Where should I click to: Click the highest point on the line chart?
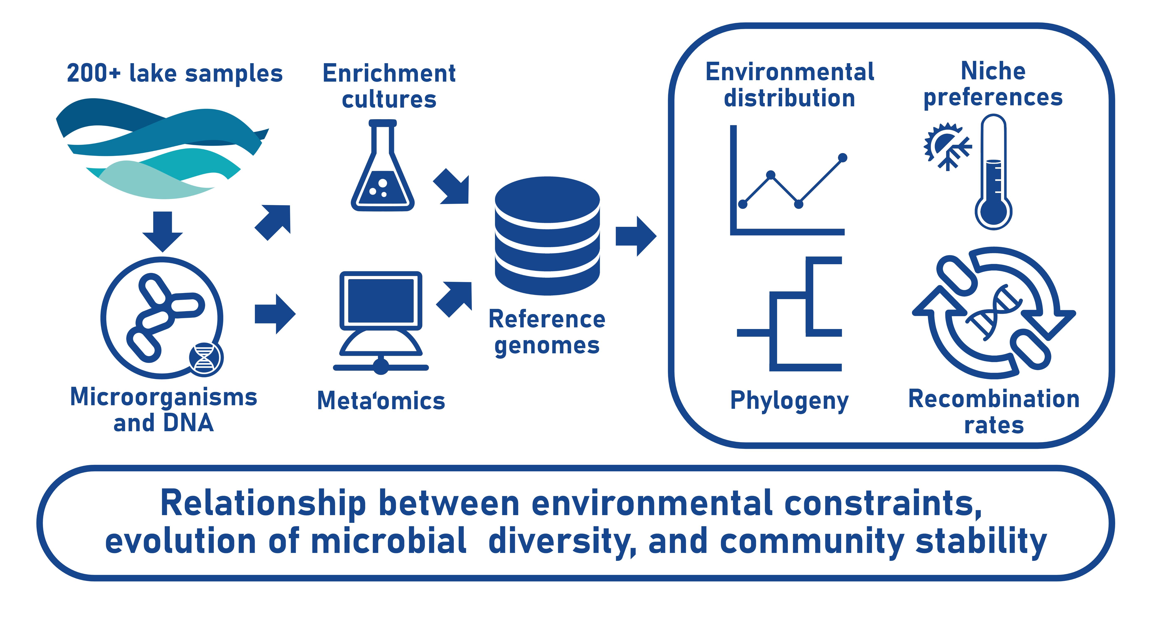click(x=843, y=157)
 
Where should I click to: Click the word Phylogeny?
click(x=790, y=401)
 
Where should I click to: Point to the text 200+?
click(x=94, y=73)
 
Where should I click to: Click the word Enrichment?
click(x=389, y=73)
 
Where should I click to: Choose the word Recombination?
click(x=994, y=399)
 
